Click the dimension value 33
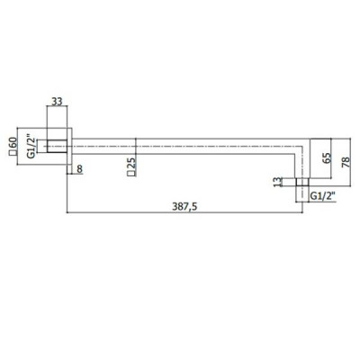point(57,102)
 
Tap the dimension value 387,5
point(184,207)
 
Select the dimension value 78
point(346,162)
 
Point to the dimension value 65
point(327,157)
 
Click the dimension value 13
point(279,182)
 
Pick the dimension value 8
point(79,169)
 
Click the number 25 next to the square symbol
point(131,163)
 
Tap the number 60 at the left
point(13,143)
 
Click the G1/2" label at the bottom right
point(322,196)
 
